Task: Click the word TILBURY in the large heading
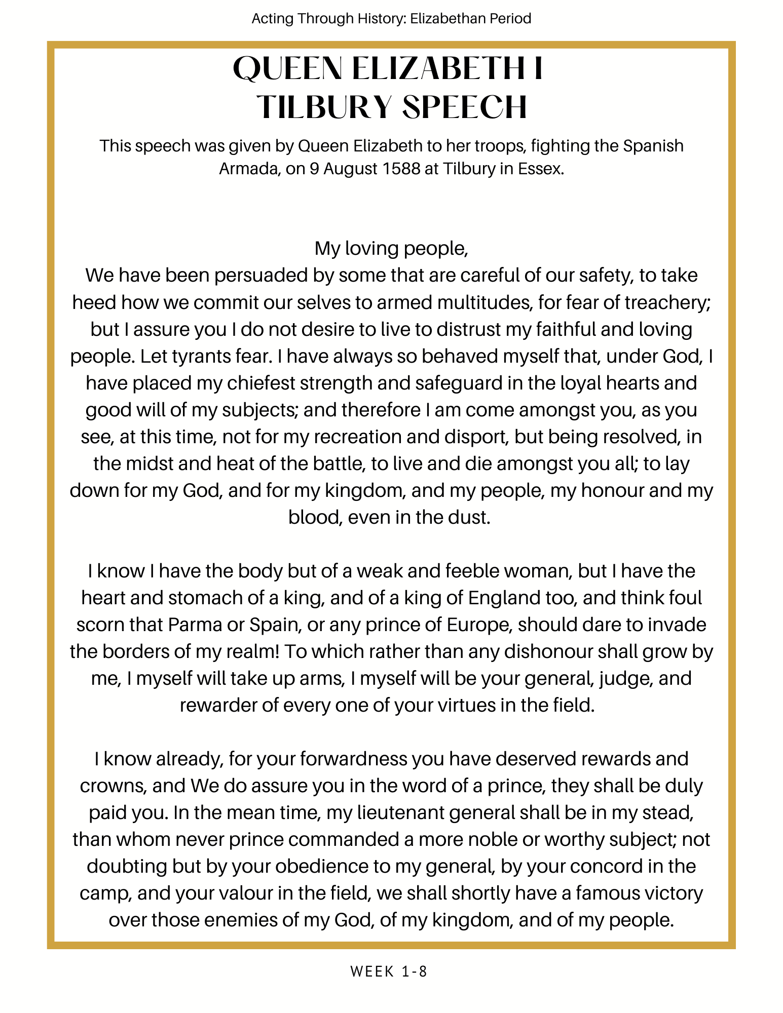pyautogui.click(x=325, y=107)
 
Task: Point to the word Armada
pyautogui.click(x=248, y=168)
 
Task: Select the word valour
pyautogui.click(x=223, y=893)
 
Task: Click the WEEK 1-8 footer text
pyautogui.click(x=389, y=971)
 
